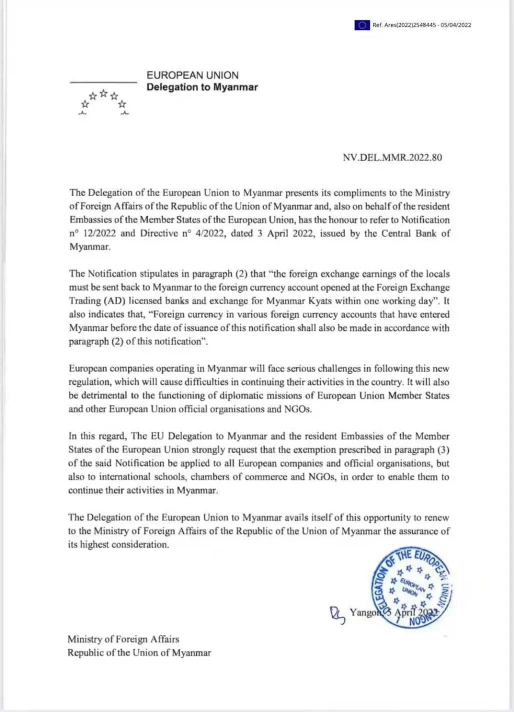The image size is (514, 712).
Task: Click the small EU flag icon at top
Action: [x=362, y=25]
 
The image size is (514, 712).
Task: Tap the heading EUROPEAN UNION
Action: [x=192, y=76]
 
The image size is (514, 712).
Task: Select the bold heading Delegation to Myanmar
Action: [x=202, y=88]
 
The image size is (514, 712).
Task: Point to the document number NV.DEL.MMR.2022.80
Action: [x=392, y=158]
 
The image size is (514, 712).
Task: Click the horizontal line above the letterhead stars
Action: [x=103, y=82]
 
